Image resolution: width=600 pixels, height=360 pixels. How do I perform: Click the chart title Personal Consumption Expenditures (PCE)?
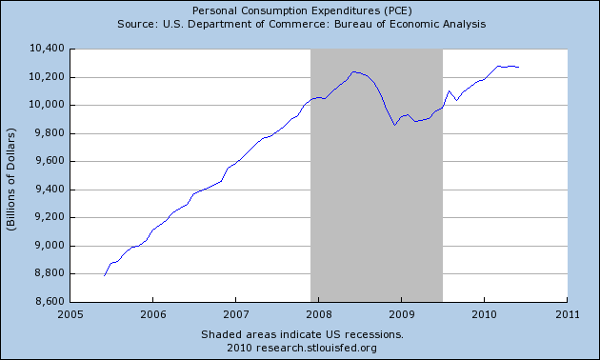[299, 9]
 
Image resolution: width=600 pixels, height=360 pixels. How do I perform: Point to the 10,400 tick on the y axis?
[47, 48]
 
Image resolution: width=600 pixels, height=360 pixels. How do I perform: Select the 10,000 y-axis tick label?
[47, 105]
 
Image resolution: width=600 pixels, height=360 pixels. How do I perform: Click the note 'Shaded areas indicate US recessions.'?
[302, 334]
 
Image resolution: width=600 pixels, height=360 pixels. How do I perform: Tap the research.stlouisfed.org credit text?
[302, 347]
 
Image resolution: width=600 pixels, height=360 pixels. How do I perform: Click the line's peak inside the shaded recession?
[355, 71]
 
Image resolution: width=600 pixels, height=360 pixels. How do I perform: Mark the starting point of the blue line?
[104, 275]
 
